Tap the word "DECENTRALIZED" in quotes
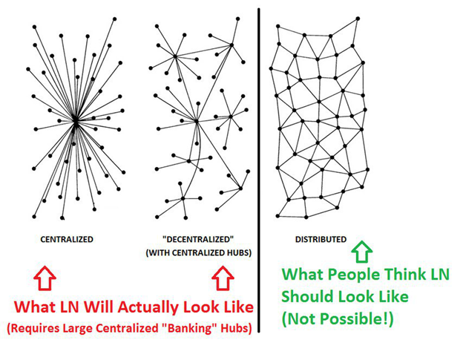click(x=196, y=240)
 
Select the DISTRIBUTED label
click(x=321, y=240)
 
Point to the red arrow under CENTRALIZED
click(x=42, y=281)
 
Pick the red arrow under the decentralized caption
click(x=221, y=281)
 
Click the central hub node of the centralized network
click(x=75, y=123)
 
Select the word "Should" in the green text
click(x=307, y=296)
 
